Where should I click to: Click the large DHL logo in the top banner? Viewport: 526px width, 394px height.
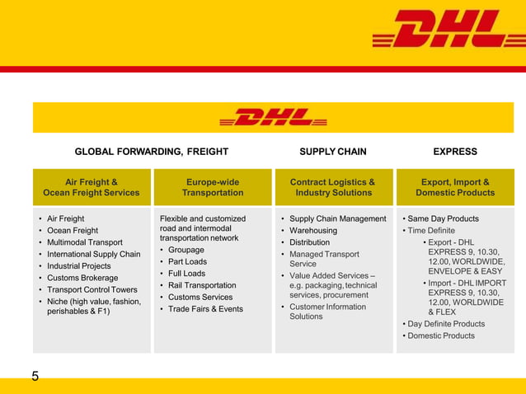[437, 29]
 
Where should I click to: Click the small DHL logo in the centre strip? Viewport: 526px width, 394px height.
[273, 117]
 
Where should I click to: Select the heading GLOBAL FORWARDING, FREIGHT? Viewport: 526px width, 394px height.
[152, 152]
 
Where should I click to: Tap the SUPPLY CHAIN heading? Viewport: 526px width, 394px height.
[333, 152]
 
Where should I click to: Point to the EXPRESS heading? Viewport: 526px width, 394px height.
[455, 152]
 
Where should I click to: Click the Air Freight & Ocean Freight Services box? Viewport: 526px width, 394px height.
[92, 188]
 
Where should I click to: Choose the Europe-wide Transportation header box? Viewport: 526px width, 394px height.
[213, 188]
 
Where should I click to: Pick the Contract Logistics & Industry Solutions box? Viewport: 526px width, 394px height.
[333, 188]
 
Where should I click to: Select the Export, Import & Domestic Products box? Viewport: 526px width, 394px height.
[455, 188]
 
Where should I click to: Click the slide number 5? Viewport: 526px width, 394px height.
[35, 377]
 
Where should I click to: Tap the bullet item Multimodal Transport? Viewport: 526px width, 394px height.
[85, 242]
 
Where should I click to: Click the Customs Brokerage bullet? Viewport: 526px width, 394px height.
[82, 278]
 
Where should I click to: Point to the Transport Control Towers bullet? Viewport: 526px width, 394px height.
[92, 290]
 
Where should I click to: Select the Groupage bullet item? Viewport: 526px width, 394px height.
[186, 250]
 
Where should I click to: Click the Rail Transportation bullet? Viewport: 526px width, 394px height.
[202, 285]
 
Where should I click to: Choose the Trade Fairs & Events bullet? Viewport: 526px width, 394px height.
[205, 309]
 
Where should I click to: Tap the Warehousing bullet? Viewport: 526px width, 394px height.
[313, 231]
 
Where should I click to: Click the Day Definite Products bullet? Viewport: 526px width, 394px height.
[447, 324]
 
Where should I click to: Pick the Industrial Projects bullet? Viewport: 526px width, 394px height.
[79, 266]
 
